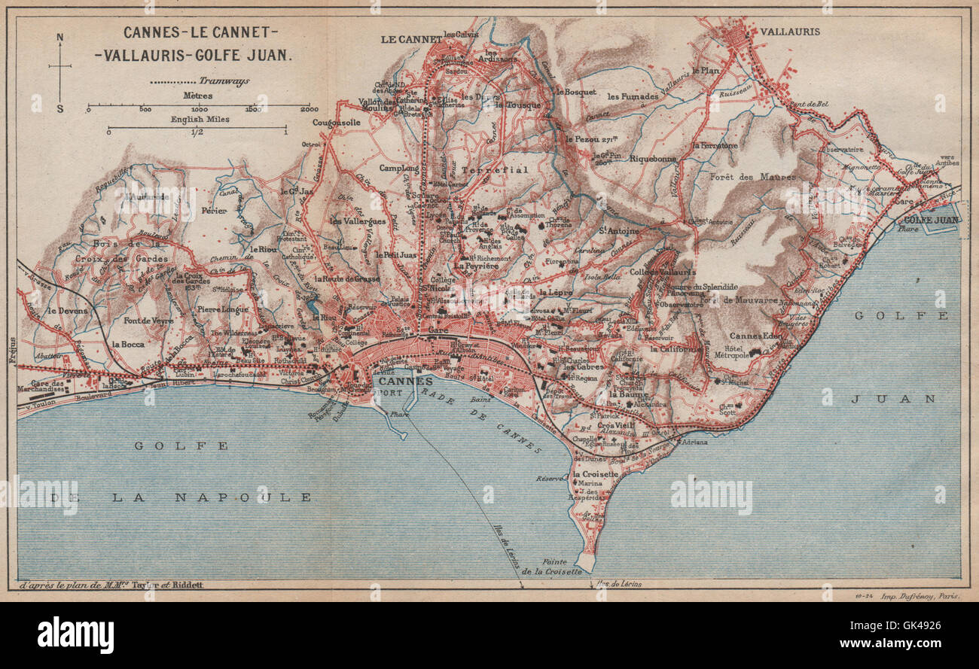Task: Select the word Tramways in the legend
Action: [224, 81]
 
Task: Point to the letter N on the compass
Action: [60, 37]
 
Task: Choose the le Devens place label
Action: [66, 310]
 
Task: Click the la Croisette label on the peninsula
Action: [596, 474]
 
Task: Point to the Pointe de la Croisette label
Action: [552, 566]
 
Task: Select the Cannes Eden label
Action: [756, 336]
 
